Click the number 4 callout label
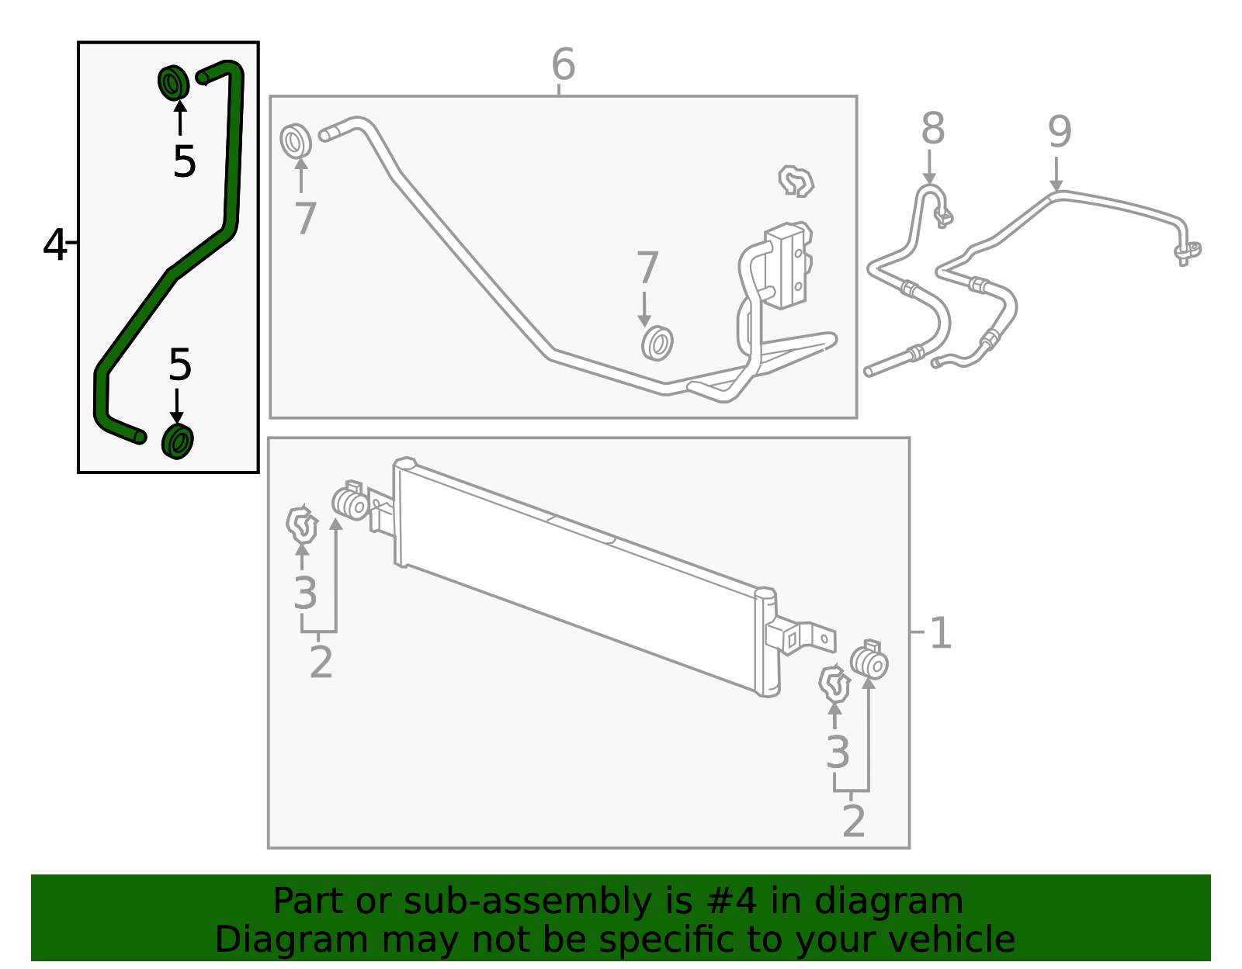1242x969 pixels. pos(55,245)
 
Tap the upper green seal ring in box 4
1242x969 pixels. pos(173,82)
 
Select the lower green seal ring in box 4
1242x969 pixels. pos(178,441)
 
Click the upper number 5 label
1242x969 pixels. pos(184,162)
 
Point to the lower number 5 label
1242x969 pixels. pos(179,365)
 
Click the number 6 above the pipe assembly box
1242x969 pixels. pos(563,65)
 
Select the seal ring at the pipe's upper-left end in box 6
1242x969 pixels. pos(295,140)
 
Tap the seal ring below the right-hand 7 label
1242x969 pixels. pos(657,343)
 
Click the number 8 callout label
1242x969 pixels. pos(932,130)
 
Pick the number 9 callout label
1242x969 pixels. pos(1059,132)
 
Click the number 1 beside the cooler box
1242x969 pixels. pos(940,634)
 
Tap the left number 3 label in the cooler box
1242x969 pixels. pos(305,594)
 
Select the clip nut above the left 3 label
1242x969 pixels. pos(301,525)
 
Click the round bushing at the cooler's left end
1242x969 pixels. pos(351,504)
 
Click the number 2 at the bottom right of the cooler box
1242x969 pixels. pos(853,822)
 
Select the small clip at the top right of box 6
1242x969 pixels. pos(796,182)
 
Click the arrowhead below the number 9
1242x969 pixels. pos(1056,185)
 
